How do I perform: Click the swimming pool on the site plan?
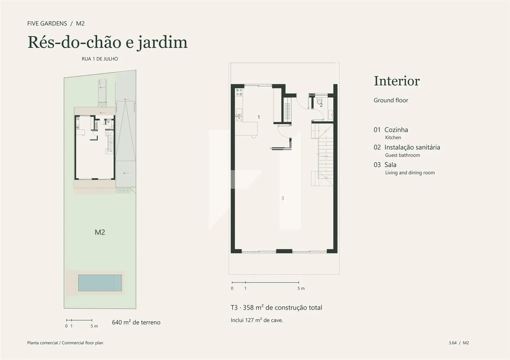(x=100, y=283)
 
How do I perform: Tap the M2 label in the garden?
(x=100, y=232)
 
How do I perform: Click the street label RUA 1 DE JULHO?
(x=100, y=59)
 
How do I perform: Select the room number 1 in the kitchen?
(x=259, y=117)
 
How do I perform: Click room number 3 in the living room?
(x=283, y=198)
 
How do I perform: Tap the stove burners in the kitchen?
(x=239, y=92)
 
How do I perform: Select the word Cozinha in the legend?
(x=396, y=130)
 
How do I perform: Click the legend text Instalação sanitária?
(x=412, y=147)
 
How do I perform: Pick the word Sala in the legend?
(x=391, y=165)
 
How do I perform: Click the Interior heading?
(x=397, y=81)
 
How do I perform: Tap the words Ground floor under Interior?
(x=391, y=100)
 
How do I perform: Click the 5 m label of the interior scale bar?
(x=301, y=288)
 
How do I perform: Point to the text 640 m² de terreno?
(x=136, y=322)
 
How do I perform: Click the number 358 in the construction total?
(x=248, y=308)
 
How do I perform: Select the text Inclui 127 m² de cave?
(x=257, y=320)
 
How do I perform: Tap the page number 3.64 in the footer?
(x=453, y=343)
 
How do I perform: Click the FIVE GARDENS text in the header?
(x=47, y=24)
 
